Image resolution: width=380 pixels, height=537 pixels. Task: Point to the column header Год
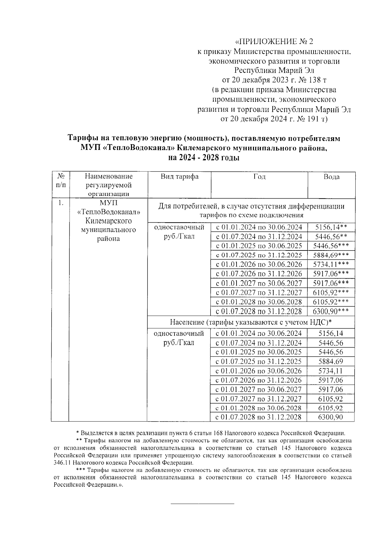tap(259, 177)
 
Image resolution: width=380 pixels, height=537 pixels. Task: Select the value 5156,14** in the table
tap(331, 227)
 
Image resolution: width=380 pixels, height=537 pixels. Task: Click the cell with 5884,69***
tap(331, 255)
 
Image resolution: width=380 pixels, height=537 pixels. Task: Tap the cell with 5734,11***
tap(331, 264)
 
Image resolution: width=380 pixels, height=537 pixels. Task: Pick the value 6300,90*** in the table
tap(331, 311)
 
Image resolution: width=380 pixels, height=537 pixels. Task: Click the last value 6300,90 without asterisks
tap(330, 417)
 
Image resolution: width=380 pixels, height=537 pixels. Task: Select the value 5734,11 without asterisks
tap(330, 371)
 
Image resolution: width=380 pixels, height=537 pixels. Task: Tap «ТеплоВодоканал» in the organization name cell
tap(108, 212)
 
